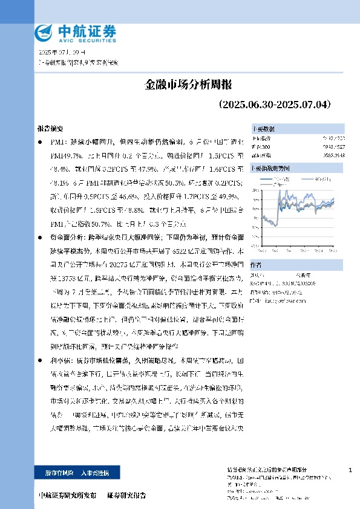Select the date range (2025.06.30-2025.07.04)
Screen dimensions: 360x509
tap(275, 105)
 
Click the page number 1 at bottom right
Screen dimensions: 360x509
tap(350, 470)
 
